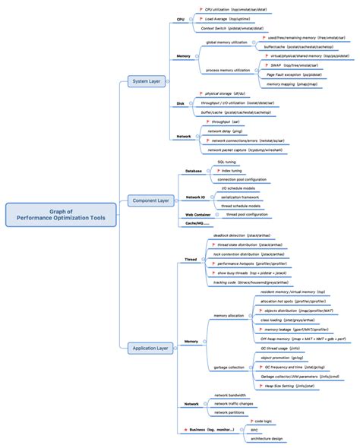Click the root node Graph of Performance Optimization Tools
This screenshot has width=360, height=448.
(x=62, y=216)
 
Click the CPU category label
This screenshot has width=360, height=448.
(x=180, y=18)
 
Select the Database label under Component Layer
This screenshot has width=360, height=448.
(x=194, y=172)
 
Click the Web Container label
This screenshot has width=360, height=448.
(x=198, y=215)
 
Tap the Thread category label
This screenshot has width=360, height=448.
(x=191, y=259)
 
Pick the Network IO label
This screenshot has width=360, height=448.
(x=196, y=197)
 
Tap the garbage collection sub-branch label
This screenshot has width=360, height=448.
(x=229, y=367)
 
